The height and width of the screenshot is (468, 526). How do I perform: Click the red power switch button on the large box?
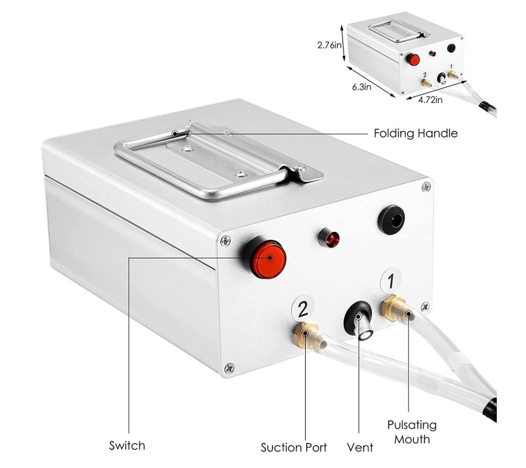(269, 259)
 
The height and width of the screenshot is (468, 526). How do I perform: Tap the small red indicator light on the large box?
(330, 238)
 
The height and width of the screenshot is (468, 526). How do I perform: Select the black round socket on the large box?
(391, 220)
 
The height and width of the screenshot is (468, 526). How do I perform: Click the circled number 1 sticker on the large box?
(391, 281)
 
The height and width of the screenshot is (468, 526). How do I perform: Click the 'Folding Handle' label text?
(416, 133)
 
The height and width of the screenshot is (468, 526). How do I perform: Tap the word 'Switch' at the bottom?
(127, 446)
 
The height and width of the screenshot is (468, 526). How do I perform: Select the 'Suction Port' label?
(294, 448)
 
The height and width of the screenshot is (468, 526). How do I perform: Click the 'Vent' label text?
(360, 448)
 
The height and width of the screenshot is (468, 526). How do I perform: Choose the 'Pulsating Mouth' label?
(412, 432)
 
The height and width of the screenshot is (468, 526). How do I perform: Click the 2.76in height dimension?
(330, 45)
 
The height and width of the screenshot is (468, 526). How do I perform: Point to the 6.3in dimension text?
(362, 87)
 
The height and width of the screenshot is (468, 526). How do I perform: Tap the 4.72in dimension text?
(430, 99)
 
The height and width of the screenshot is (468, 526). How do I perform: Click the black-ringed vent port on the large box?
(358, 319)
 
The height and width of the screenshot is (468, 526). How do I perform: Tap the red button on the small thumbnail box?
(413, 60)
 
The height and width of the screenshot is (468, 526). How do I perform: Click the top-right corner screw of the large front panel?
(426, 187)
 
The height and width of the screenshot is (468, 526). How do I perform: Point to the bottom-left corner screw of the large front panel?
(229, 368)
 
